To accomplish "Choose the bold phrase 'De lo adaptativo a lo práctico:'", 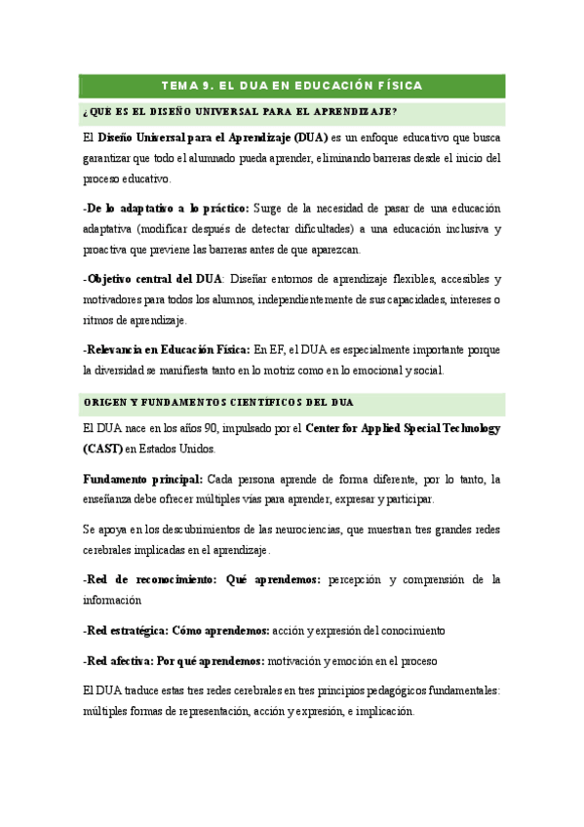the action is tap(166, 208).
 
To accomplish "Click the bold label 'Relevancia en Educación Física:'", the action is tap(167, 349).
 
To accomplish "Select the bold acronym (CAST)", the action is tap(103, 450).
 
